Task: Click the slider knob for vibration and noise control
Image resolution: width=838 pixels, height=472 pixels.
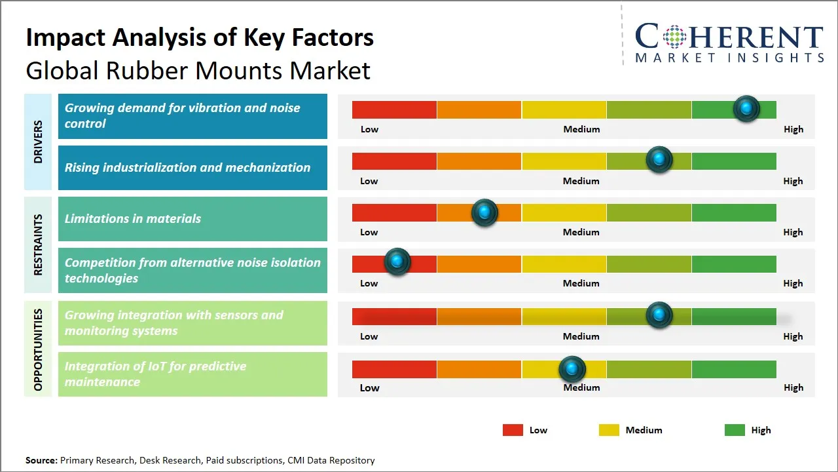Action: click(x=746, y=109)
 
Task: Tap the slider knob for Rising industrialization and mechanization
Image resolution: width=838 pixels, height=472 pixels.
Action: click(x=659, y=160)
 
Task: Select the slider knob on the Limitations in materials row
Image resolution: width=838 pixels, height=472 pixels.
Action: click(x=484, y=212)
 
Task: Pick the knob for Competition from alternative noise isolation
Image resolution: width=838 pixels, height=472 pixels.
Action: click(x=397, y=262)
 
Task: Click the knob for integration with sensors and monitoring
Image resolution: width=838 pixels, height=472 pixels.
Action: click(x=659, y=315)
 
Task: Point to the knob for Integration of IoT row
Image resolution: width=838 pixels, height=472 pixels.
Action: click(x=572, y=369)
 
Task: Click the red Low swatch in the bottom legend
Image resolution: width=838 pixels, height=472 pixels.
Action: click(x=513, y=430)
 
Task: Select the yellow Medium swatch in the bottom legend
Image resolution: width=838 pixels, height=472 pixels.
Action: click(x=609, y=430)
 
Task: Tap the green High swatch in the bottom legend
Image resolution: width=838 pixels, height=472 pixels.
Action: click(x=735, y=430)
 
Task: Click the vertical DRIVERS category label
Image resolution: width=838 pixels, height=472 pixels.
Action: click(x=38, y=142)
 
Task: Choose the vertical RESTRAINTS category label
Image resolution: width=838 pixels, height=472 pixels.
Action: click(x=38, y=245)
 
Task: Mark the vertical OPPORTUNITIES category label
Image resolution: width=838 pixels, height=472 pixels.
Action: click(x=38, y=349)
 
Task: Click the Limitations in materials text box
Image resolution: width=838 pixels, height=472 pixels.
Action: click(x=192, y=219)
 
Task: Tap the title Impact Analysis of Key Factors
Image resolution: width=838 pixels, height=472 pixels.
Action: click(x=200, y=38)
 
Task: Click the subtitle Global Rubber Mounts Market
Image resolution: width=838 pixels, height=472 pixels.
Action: click(x=198, y=71)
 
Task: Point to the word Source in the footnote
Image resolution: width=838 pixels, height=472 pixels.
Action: click(x=41, y=460)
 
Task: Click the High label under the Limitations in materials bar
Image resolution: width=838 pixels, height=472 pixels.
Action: click(x=793, y=232)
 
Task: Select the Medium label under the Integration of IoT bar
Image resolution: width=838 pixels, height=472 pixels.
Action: click(x=581, y=387)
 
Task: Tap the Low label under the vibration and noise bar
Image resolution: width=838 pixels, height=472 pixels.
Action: click(x=369, y=129)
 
